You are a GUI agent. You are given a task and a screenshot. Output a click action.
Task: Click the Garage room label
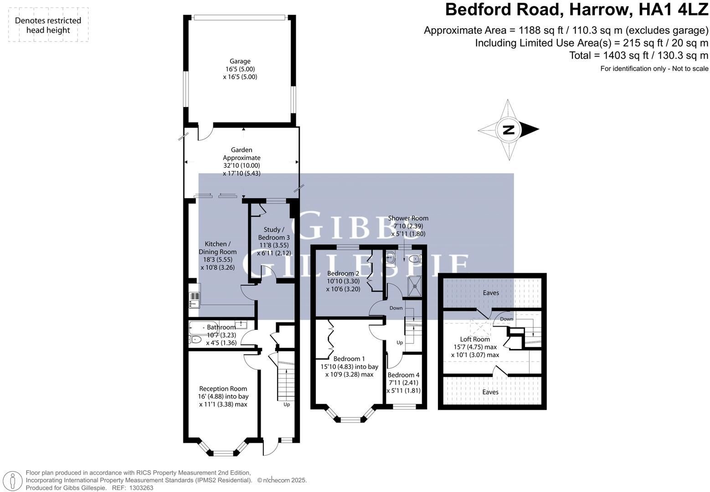tap(240, 61)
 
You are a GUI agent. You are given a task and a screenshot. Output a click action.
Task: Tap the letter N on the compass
tap(509, 130)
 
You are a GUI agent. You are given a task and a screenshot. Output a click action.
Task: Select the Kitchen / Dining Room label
tap(217, 248)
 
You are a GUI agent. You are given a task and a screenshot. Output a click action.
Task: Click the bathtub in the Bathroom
tap(199, 328)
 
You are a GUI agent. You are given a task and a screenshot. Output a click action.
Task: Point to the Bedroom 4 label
tap(403, 375)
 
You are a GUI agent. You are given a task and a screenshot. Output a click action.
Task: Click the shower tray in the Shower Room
tap(415, 286)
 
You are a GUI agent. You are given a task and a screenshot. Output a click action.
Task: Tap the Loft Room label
tap(475, 339)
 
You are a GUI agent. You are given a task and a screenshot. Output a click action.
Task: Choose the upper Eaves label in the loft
tap(491, 293)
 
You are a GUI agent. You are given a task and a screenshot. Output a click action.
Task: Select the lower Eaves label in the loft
tap(490, 392)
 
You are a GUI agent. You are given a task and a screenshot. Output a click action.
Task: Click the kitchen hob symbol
tap(194, 297)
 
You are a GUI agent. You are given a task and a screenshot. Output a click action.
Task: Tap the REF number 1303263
tap(141, 488)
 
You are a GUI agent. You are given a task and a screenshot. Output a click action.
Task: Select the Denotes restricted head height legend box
tap(48, 25)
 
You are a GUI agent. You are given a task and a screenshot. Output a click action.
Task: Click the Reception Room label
tap(223, 389)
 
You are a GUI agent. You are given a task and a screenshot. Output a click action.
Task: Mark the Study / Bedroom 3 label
tap(274, 234)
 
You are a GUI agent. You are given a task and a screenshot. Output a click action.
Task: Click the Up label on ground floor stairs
tap(287, 405)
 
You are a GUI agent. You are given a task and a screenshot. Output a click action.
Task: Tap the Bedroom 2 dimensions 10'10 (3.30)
tap(343, 281)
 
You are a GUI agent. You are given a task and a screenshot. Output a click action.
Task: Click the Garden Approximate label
tap(242, 154)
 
